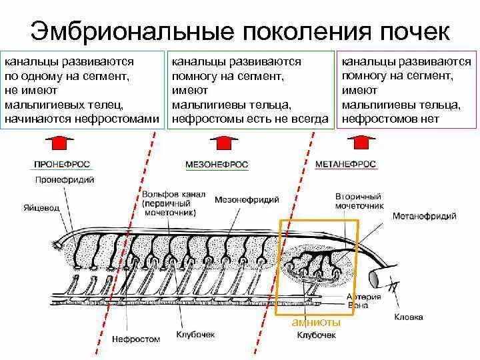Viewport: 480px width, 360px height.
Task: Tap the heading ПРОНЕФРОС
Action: (64, 164)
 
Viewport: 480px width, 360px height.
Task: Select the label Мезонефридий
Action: (256, 199)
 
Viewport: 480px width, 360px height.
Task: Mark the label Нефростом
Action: (136, 339)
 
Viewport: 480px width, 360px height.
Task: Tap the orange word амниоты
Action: (316, 323)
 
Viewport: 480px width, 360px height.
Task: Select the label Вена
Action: (355, 305)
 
